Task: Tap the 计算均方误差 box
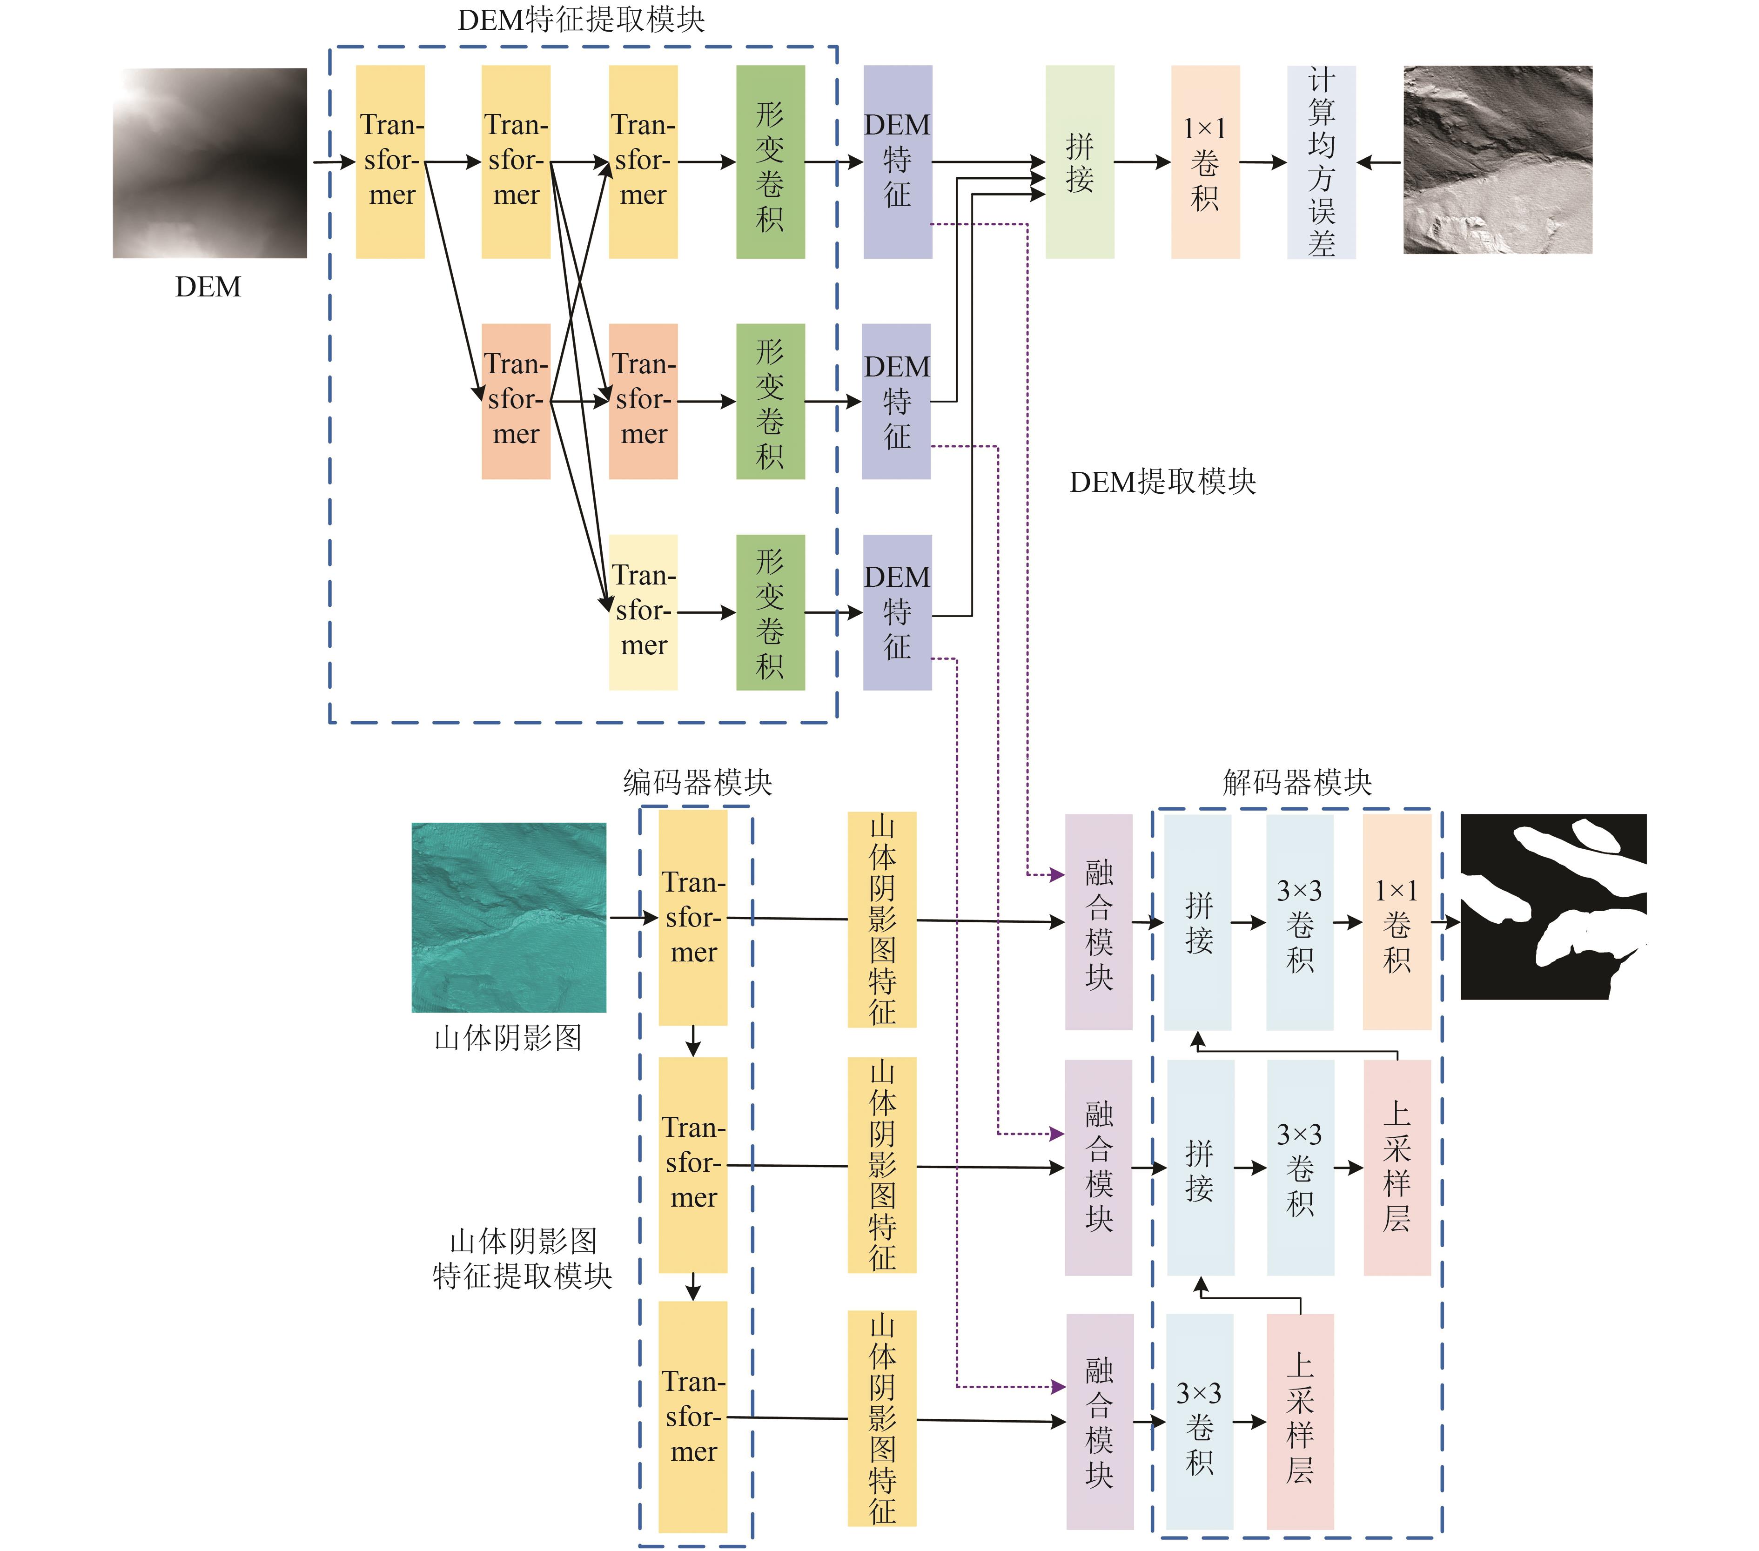[x=1321, y=162]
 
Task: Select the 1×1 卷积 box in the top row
[x=1205, y=162]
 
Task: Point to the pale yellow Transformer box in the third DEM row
[x=643, y=612]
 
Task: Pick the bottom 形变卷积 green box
[x=770, y=612]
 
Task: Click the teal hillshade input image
[x=509, y=918]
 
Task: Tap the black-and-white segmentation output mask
[x=1553, y=906]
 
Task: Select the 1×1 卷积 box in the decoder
[x=1396, y=922]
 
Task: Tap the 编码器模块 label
[x=697, y=782]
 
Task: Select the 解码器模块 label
[x=1297, y=782]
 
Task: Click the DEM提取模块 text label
[x=1162, y=482]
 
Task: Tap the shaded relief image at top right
[x=1497, y=160]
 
